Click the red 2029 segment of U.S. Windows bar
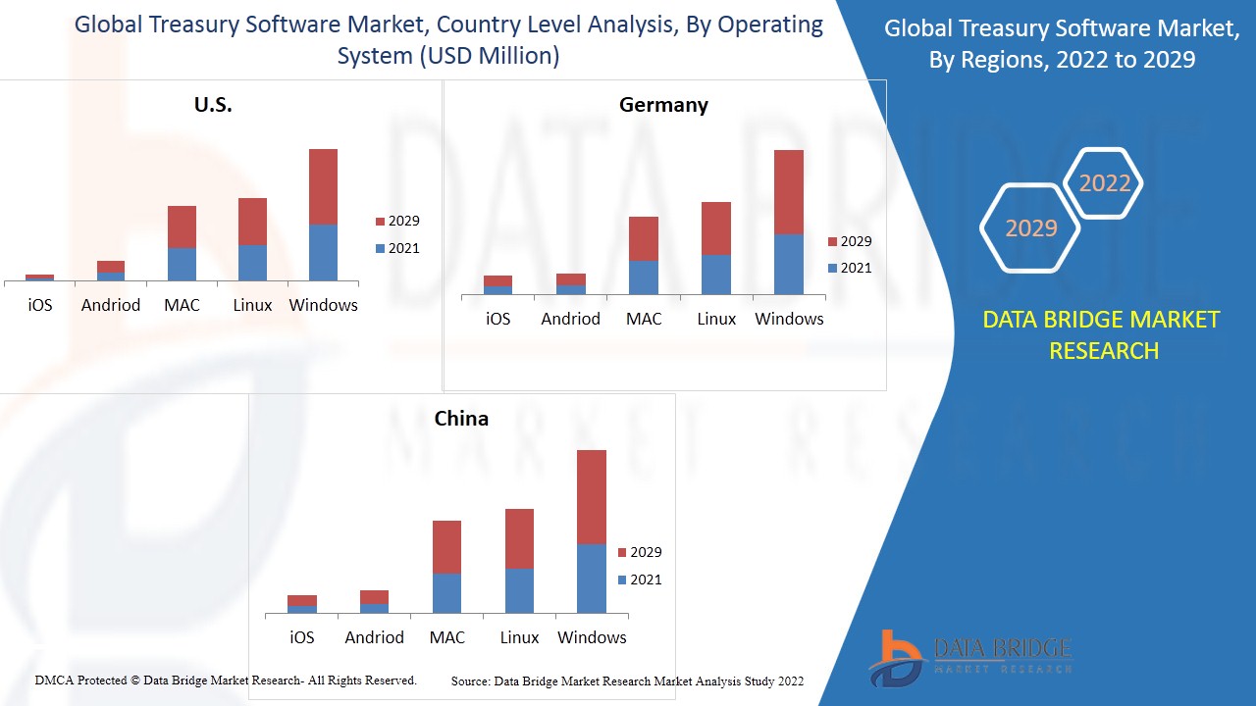pos(323,186)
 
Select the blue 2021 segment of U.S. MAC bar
pos(182,265)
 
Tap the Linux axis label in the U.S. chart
pos(252,305)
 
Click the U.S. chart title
pos(213,105)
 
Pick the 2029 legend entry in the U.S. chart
pos(396,222)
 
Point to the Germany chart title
pos(663,105)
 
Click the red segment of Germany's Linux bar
pos(716,227)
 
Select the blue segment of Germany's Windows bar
pos(789,264)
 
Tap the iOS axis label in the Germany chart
pos(498,319)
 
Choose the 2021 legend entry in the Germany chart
pos(849,268)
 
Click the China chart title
pos(461,419)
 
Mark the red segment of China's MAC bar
pos(446,546)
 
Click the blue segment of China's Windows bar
pos(591,579)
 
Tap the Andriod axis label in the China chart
pos(374,637)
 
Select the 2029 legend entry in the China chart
pos(639,553)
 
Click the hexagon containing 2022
pos(1104,183)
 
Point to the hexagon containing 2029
pos(1030,228)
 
